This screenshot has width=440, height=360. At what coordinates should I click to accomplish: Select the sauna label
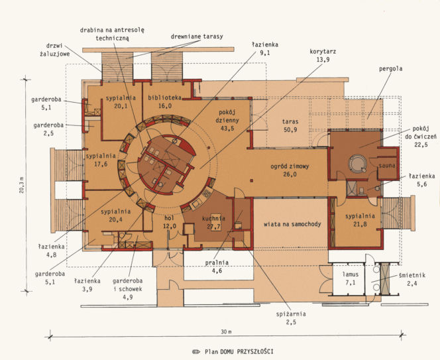(x=387, y=166)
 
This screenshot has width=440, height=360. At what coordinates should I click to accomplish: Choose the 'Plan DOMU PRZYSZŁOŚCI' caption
(x=239, y=351)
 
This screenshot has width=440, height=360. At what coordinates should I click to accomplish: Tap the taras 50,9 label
(x=290, y=125)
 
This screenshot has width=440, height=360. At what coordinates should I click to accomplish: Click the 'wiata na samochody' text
(x=292, y=224)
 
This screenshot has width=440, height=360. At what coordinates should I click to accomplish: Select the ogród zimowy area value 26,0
(x=290, y=174)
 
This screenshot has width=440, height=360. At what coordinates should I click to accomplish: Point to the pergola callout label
(x=390, y=69)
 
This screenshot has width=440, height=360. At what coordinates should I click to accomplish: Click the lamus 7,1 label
(x=351, y=278)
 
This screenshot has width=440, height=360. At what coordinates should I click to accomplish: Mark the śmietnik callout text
(x=412, y=279)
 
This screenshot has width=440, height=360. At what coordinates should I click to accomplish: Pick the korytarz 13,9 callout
(x=323, y=55)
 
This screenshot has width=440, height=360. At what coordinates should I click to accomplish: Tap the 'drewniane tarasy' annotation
(x=197, y=36)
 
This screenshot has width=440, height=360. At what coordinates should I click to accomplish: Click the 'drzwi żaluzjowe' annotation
(x=54, y=50)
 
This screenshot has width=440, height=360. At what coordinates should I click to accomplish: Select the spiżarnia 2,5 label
(x=291, y=318)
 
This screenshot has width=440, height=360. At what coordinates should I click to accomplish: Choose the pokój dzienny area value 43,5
(x=227, y=129)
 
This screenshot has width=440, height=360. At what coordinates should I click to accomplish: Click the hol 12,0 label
(x=170, y=222)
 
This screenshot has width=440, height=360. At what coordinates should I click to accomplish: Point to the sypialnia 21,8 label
(x=360, y=220)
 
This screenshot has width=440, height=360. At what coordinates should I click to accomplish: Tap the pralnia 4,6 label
(x=217, y=267)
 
